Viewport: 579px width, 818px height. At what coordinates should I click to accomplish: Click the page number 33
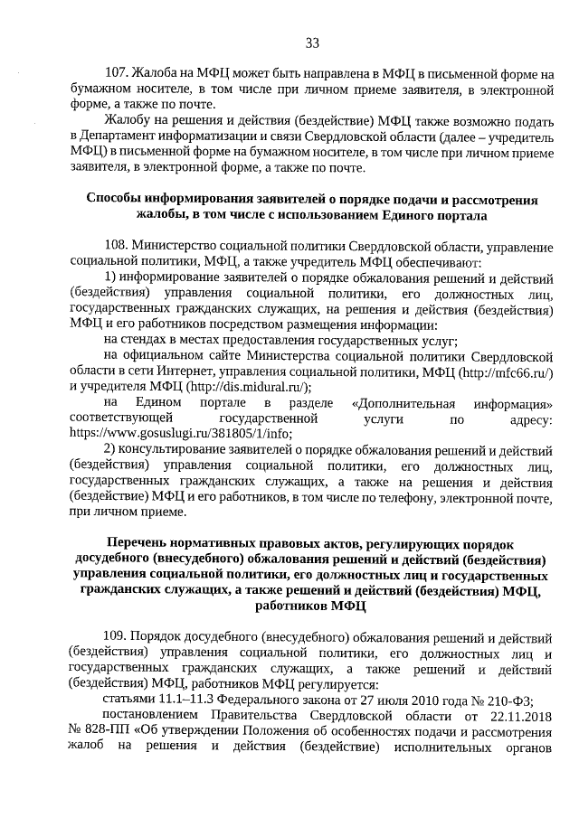[x=313, y=42]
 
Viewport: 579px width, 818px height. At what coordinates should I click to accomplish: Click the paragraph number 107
[x=118, y=72]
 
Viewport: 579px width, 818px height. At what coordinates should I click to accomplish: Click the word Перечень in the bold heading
[x=138, y=542]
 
